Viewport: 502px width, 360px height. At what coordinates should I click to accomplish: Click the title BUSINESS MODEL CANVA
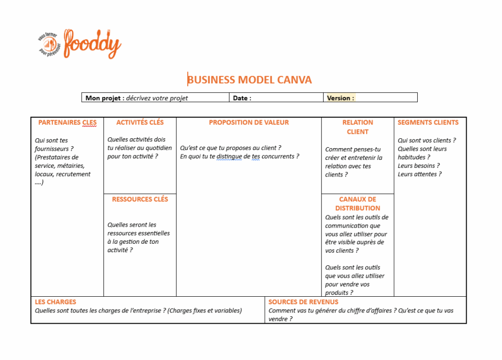point(250,79)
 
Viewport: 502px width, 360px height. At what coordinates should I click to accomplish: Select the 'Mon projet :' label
point(104,98)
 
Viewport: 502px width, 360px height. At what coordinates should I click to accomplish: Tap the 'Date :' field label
point(242,98)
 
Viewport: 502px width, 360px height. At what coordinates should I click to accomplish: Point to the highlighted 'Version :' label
point(340,98)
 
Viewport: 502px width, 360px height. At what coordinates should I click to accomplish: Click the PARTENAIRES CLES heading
point(68,123)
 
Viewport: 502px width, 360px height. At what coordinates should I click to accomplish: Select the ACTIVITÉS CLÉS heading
point(140,123)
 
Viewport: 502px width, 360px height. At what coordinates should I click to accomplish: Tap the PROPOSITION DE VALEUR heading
point(249,123)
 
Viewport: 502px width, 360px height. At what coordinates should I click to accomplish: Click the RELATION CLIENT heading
point(357,127)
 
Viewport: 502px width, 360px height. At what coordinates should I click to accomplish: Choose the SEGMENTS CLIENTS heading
point(428,123)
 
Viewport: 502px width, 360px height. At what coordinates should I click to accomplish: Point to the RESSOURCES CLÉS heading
point(140,199)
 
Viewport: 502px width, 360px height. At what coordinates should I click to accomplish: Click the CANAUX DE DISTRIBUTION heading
point(357,204)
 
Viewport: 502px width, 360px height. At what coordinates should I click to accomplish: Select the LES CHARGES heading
point(55,302)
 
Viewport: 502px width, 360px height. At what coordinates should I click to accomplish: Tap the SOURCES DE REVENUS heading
point(303,302)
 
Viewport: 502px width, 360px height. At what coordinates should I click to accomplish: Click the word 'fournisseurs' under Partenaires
point(52,149)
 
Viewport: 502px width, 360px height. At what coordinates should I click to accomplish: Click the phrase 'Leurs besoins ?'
point(419,166)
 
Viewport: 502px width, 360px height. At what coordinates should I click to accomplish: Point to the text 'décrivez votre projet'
point(157,98)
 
